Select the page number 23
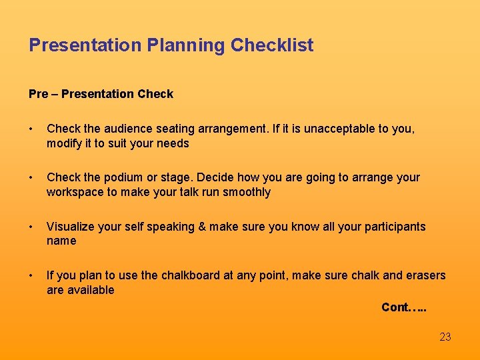click(x=445, y=337)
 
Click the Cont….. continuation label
click(x=404, y=307)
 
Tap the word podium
click(x=121, y=177)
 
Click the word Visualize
click(x=71, y=227)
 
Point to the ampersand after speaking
click(x=202, y=227)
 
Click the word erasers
click(x=425, y=275)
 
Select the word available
click(x=91, y=290)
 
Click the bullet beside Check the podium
click(x=32, y=178)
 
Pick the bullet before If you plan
click(x=32, y=276)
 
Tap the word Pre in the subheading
click(x=38, y=94)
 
